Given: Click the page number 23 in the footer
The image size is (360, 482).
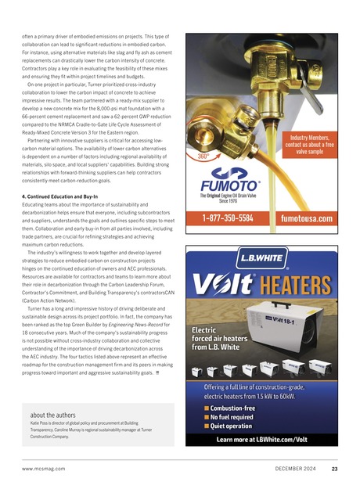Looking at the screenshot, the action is pos(334,469).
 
